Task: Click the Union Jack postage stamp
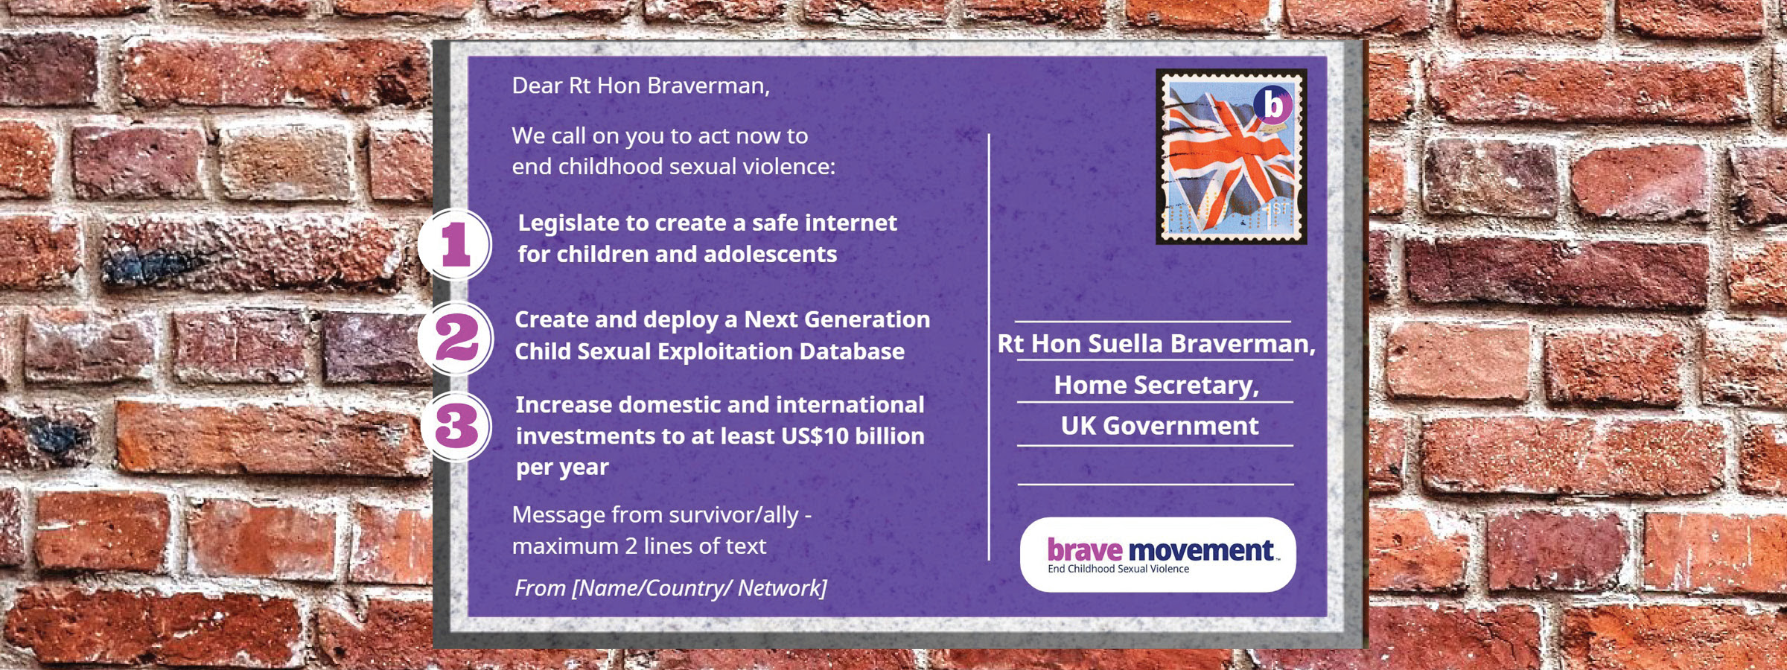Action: point(1231,156)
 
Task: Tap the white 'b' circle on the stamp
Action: point(1273,105)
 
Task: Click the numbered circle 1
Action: point(455,245)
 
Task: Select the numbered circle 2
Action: point(456,338)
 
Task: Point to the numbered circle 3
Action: point(456,427)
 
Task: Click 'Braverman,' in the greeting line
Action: point(708,86)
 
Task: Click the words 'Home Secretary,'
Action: point(1156,385)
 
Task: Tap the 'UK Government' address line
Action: point(1159,426)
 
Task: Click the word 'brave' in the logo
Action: point(1084,549)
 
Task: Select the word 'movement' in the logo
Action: point(1201,550)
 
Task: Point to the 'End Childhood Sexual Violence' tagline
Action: point(1118,569)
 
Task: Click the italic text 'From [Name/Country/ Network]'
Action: point(671,588)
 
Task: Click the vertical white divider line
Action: point(989,347)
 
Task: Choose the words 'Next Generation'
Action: point(837,319)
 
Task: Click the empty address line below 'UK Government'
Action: point(1156,485)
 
